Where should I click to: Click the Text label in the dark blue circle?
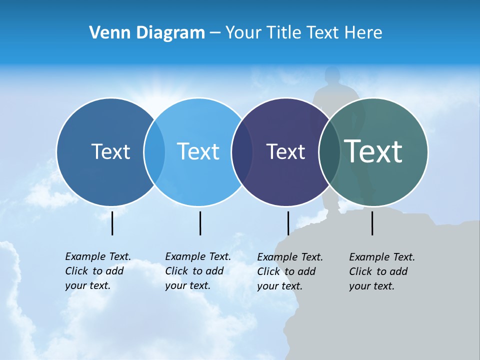click(110, 151)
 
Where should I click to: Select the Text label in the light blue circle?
click(198, 151)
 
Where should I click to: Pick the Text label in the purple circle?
click(285, 152)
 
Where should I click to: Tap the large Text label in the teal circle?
click(373, 151)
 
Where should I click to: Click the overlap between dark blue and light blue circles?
click(154, 152)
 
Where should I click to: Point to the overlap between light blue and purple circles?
click(242, 152)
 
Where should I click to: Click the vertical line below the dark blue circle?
click(112, 223)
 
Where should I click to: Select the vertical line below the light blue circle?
click(200, 223)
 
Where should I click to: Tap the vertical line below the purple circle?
click(288, 223)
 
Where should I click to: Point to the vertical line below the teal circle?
click(372, 223)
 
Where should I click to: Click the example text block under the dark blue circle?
click(98, 271)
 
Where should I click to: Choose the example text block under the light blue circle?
click(198, 271)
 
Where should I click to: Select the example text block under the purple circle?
click(290, 271)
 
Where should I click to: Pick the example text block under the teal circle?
click(382, 271)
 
